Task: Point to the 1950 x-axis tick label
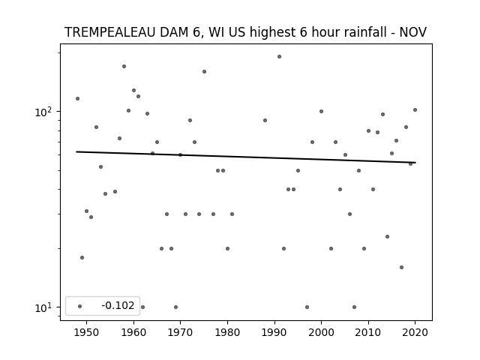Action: coord(87,332)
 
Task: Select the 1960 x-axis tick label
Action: coord(133,332)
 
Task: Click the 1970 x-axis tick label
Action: coord(180,332)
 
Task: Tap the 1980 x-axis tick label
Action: coord(227,332)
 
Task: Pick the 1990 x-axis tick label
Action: coord(274,332)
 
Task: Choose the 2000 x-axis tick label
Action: coord(322,332)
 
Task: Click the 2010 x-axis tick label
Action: coord(368,332)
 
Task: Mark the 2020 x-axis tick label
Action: coord(415,332)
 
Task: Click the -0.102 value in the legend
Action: coord(118,305)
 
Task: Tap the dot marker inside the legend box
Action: coord(80,307)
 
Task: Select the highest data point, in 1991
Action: coord(279,57)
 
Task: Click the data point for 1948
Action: coord(78,98)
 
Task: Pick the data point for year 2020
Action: coord(415,110)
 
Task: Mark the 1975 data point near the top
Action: coord(204,72)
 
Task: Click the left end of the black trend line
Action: coord(76,151)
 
